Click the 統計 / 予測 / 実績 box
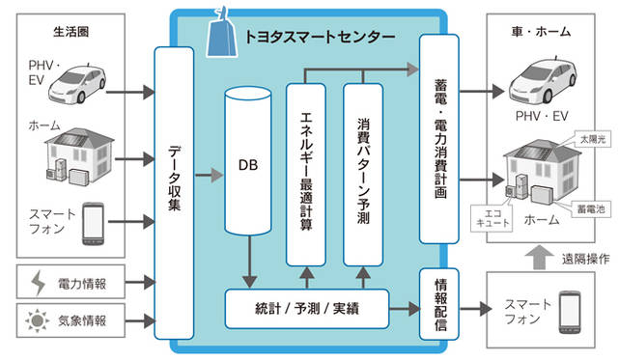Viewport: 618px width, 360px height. (307, 306)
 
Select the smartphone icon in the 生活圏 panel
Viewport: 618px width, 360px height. (94, 222)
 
